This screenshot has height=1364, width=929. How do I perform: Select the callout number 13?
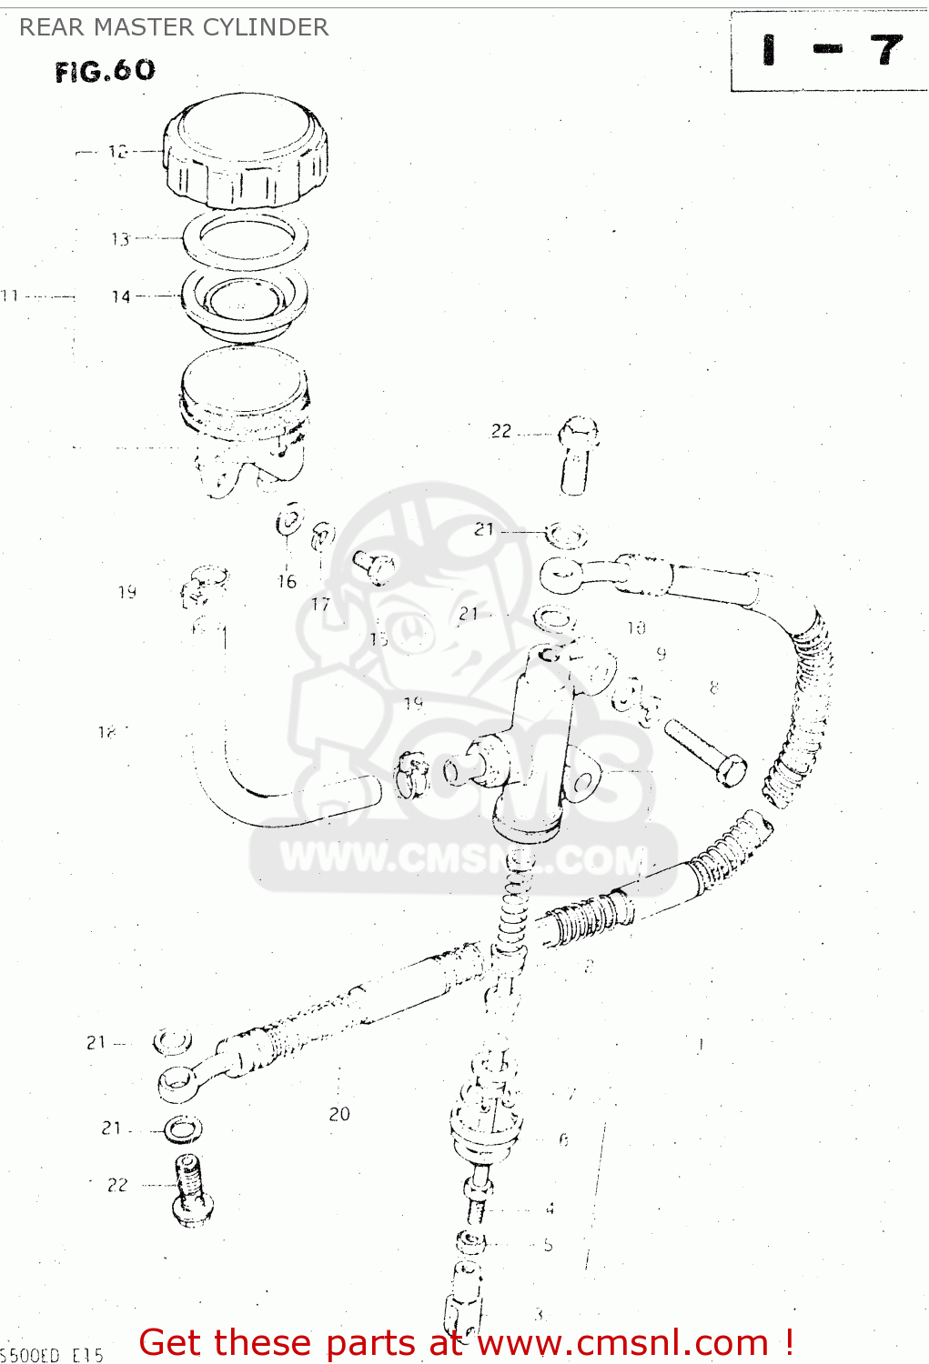pos(120,239)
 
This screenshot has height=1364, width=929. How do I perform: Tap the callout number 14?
pos(121,296)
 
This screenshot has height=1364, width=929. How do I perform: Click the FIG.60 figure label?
pos(105,71)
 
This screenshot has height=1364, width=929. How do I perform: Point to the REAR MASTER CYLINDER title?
pos(174,27)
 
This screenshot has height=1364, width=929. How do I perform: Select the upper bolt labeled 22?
pos(576,455)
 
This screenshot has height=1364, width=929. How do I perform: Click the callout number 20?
pos(339,1114)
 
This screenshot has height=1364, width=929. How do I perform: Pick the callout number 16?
pos(287,582)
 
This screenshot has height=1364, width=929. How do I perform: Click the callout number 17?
pos(320,604)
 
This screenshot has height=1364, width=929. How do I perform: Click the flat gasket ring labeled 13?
pos(245,239)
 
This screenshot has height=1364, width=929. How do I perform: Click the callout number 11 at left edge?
pos(10,296)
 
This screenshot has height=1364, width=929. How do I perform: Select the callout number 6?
pos(564,1139)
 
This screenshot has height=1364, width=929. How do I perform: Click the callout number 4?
pos(550,1209)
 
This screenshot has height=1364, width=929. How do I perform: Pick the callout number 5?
pos(548,1245)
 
